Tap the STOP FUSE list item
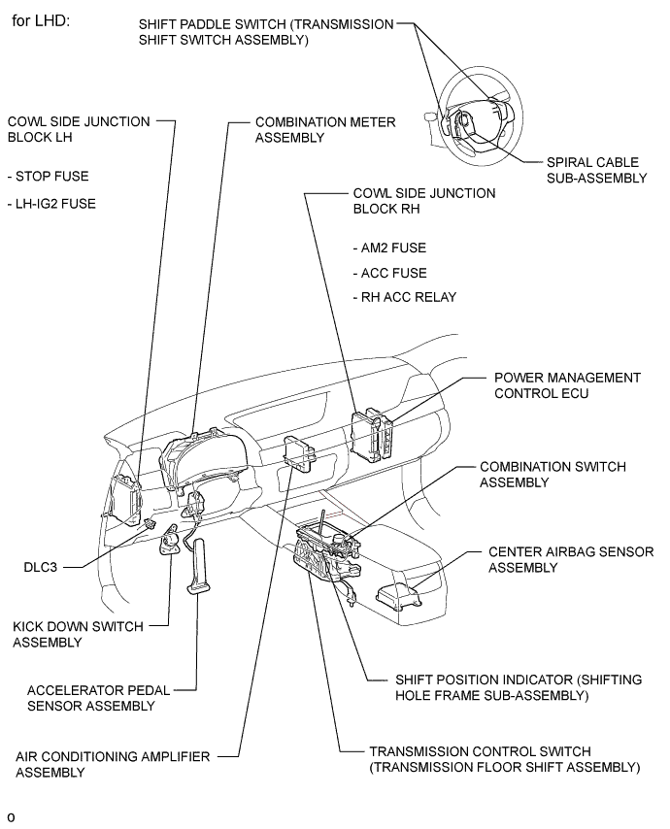coord(47,177)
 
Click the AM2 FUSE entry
coord(389,249)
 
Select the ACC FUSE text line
coord(389,273)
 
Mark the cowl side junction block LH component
coord(127,500)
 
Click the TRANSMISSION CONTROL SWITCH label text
coord(504,759)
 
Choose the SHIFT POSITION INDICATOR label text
coord(518,687)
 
